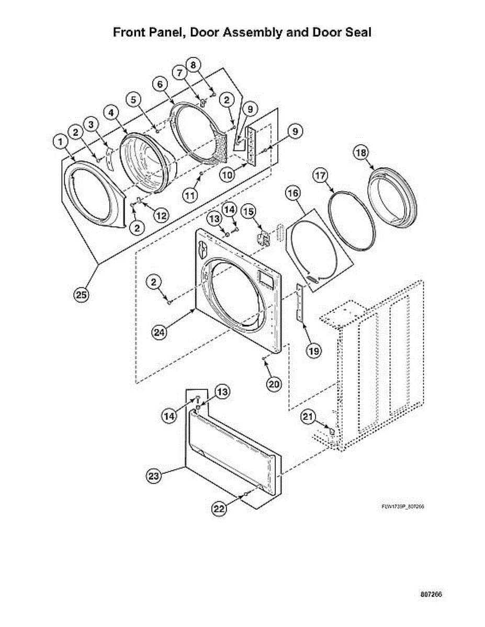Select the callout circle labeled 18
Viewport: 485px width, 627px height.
point(360,153)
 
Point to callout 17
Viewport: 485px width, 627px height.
point(321,176)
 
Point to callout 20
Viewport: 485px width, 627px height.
point(273,384)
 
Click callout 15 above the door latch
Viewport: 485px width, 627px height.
point(249,211)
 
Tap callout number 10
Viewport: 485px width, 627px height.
point(227,175)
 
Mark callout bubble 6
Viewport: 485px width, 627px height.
point(160,84)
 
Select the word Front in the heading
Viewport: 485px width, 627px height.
point(132,32)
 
